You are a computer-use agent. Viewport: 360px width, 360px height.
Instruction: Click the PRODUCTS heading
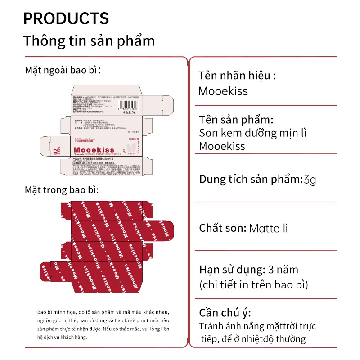(x=66, y=18)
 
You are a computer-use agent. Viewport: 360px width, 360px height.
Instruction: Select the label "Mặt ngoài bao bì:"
(x=62, y=71)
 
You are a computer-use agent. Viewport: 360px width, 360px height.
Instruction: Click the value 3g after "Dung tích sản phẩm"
(x=310, y=180)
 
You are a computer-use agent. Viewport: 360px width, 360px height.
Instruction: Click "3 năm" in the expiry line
(x=283, y=270)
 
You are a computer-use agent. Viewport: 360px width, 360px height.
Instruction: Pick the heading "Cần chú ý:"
(x=225, y=313)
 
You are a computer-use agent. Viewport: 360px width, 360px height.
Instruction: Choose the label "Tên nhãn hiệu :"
(x=237, y=75)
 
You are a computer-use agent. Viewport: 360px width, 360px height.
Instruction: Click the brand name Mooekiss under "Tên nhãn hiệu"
(x=223, y=91)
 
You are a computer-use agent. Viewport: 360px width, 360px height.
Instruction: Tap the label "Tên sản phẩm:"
(x=236, y=120)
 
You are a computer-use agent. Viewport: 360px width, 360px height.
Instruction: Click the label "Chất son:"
(x=222, y=228)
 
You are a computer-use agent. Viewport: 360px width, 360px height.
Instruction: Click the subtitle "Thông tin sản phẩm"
(x=89, y=40)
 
